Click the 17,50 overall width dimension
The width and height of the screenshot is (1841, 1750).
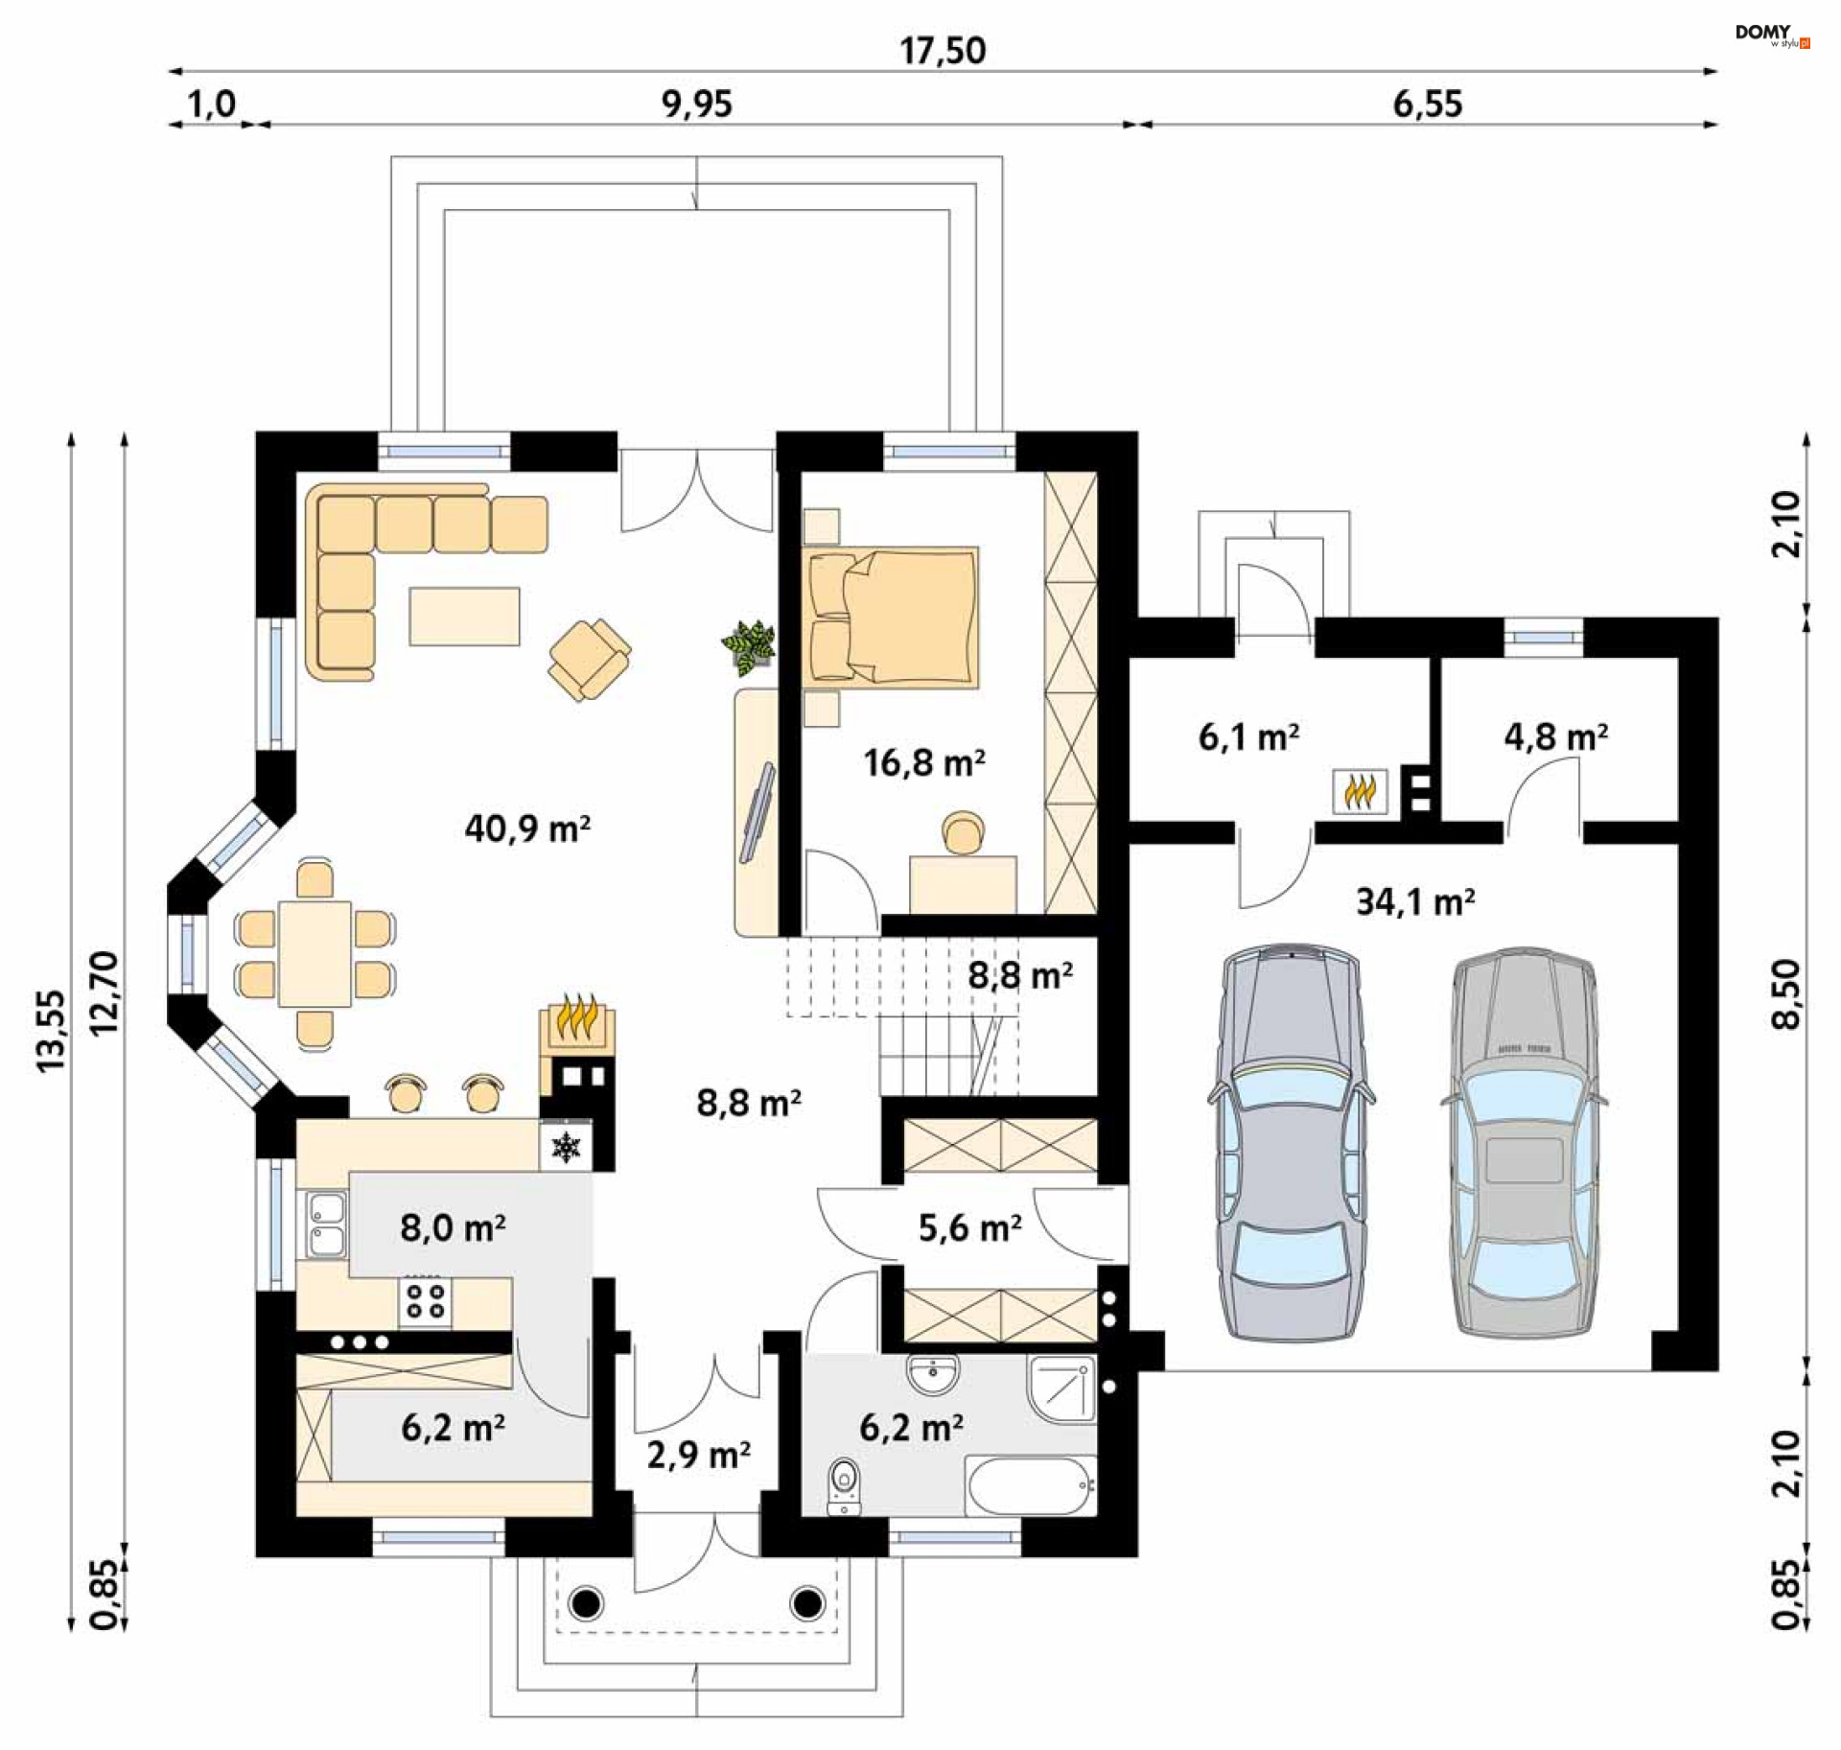(x=943, y=50)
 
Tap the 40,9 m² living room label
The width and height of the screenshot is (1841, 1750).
(x=527, y=828)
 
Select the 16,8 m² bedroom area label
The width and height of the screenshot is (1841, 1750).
(x=923, y=762)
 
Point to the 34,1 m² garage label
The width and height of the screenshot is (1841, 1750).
(x=1415, y=901)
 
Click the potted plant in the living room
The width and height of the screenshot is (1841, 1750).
(x=749, y=643)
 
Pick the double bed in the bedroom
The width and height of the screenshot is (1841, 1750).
(x=891, y=618)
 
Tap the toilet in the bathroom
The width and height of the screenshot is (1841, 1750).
(x=843, y=1487)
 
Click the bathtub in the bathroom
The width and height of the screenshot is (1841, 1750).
(x=1031, y=1485)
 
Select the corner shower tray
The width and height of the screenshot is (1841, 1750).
(x=1061, y=1387)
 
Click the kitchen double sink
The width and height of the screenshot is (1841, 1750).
(x=326, y=1224)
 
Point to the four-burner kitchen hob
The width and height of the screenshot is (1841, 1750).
(x=425, y=1301)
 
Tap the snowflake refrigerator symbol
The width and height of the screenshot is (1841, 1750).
(x=566, y=1146)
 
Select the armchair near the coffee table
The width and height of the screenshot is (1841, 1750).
(x=589, y=659)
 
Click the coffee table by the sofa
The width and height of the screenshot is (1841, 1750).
(x=465, y=616)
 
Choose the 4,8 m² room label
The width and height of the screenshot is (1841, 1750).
(x=1555, y=736)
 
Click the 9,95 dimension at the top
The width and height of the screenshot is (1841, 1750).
(x=697, y=104)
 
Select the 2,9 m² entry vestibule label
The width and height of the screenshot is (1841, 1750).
(x=698, y=1455)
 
